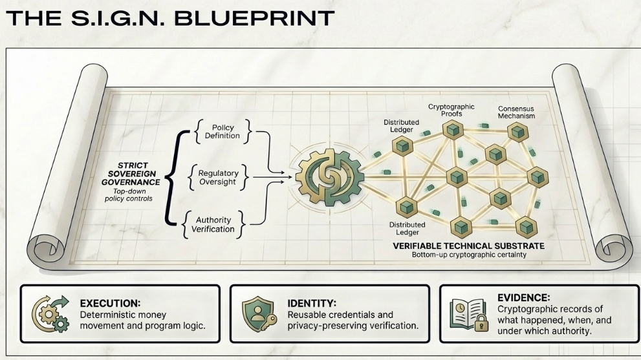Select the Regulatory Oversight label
(x=218, y=178)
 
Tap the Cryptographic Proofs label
(x=451, y=109)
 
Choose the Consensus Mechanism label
(x=516, y=112)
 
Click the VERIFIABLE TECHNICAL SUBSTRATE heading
(x=469, y=246)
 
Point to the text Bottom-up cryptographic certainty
(x=469, y=255)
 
